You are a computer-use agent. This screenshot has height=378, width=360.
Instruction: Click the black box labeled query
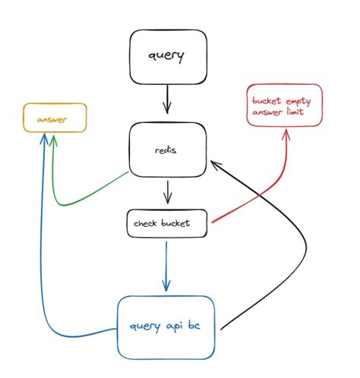coord(166,56)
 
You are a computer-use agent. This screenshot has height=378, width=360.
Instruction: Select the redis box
coord(166,150)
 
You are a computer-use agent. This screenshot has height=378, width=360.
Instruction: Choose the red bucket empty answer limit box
coord(286,107)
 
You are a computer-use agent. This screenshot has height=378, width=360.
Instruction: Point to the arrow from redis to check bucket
coord(166,194)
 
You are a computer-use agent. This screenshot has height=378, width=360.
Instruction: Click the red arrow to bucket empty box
coord(258,190)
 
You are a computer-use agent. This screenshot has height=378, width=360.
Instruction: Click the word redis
coord(166,150)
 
